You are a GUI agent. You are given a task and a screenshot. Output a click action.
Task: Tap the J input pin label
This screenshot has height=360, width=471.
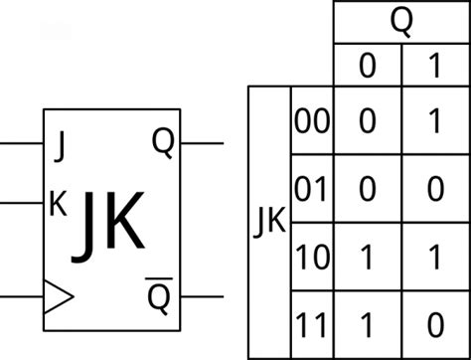62,146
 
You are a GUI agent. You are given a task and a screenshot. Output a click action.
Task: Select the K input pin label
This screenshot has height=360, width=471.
59,203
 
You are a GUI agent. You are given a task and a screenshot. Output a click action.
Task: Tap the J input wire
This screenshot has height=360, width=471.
20,142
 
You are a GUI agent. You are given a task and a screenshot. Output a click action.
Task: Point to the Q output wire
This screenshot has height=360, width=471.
203,142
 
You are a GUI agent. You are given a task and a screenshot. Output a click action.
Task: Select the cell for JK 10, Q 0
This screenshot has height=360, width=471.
368,257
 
